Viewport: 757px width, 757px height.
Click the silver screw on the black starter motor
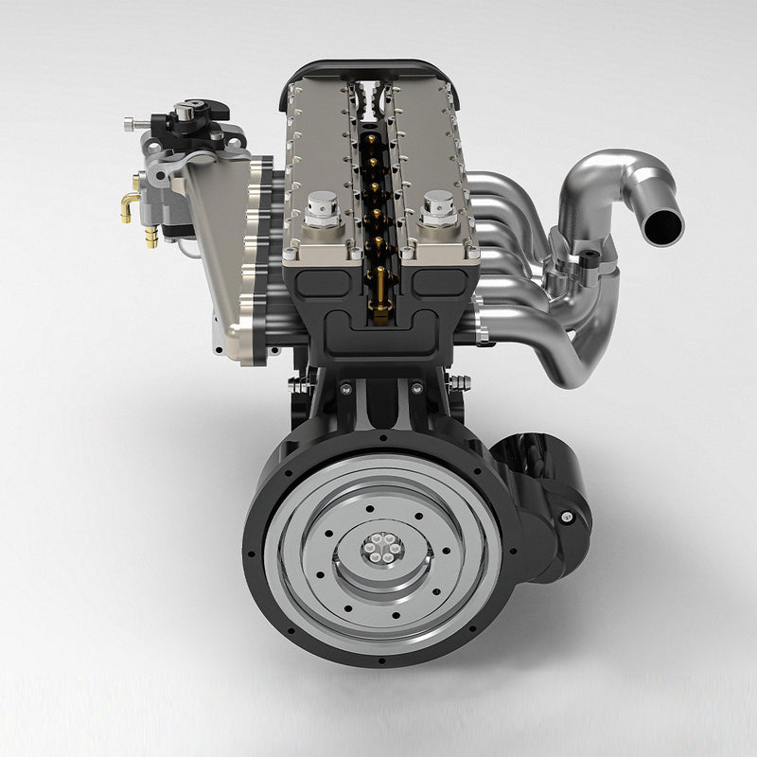(x=566, y=517)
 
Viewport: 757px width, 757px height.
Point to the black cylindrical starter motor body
(x=544, y=492)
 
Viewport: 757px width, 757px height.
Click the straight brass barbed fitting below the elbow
(x=150, y=238)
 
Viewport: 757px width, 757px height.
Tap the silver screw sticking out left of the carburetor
(x=132, y=123)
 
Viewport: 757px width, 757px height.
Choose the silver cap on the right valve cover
(x=439, y=205)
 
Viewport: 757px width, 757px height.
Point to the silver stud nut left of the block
(x=301, y=383)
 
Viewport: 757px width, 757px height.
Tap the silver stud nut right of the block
(x=461, y=382)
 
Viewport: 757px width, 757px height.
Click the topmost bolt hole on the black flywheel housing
(x=383, y=438)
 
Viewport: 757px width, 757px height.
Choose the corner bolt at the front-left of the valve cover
(x=290, y=254)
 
